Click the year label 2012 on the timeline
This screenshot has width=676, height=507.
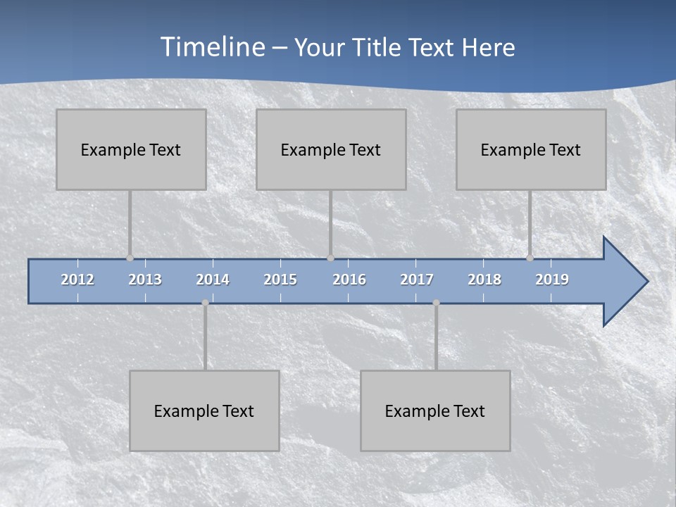[77, 280]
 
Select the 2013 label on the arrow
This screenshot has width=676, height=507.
[145, 280]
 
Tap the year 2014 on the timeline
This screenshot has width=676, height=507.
[213, 280]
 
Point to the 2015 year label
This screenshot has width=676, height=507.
[280, 280]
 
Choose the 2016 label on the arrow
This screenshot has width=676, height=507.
[349, 280]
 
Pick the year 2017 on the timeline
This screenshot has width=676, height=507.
[417, 280]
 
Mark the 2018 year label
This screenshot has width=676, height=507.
[484, 280]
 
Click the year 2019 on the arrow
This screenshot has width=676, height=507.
[552, 280]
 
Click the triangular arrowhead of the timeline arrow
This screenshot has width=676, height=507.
[623, 282]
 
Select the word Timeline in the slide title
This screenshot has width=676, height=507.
[212, 47]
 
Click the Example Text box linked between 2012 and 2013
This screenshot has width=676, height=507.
[131, 149]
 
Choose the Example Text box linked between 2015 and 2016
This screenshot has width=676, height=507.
[331, 149]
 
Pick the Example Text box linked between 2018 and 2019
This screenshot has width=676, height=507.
[531, 149]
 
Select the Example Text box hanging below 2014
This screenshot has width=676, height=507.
[204, 411]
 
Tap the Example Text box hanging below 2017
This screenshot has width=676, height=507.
[435, 411]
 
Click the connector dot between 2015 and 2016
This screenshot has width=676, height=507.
[330, 258]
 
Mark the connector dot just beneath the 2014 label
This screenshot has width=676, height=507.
[205, 303]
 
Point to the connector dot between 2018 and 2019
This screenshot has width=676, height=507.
[530, 258]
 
